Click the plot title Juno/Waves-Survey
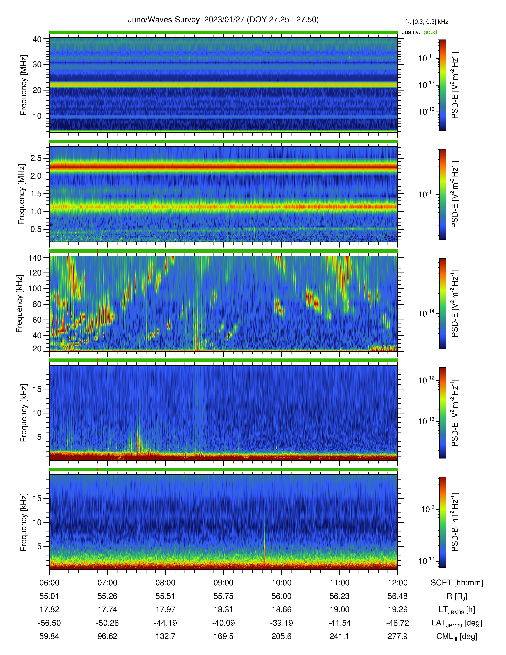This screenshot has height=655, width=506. [x=164, y=20]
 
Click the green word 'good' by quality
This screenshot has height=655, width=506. [x=430, y=32]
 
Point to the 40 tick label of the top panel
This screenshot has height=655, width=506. [x=37, y=39]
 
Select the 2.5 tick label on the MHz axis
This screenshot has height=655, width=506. [x=36, y=158]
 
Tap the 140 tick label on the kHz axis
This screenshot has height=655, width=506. [x=35, y=258]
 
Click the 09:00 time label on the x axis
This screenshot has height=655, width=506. [x=223, y=583]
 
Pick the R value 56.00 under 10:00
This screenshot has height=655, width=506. [x=282, y=596]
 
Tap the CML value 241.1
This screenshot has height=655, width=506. [x=339, y=636]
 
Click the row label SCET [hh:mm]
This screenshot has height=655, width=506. [x=457, y=583]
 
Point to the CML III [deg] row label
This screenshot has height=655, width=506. [x=457, y=636]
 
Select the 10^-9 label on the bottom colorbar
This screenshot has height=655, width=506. [x=427, y=509]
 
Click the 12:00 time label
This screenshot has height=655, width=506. [x=397, y=583]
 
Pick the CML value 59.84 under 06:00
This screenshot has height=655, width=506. [x=49, y=636]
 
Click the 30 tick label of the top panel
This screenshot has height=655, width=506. [x=37, y=65]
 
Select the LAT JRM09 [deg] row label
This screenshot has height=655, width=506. [x=457, y=623]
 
